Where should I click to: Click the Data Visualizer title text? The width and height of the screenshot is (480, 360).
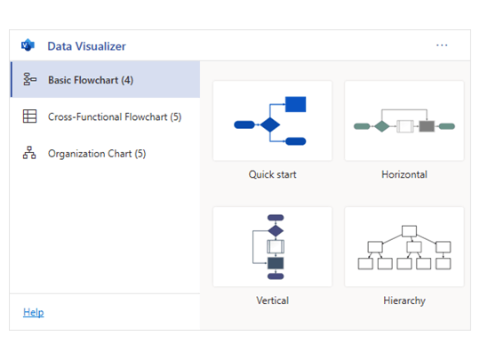[86, 46]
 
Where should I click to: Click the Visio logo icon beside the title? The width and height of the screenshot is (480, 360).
[28, 46]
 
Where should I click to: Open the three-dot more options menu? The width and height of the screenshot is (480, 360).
[442, 45]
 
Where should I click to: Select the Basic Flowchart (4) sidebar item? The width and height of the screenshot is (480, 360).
[91, 80]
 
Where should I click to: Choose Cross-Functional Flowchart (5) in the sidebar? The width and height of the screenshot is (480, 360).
[115, 116]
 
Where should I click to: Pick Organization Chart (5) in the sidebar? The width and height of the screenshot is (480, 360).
[97, 154]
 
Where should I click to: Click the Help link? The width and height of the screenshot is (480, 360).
[33, 312]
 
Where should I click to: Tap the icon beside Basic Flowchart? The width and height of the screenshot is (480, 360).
[29, 80]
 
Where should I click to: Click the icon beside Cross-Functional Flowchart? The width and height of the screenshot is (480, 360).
[29, 116]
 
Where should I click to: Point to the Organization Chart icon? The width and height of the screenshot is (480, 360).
[29, 154]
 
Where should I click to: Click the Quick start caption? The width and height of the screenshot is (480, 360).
[272, 174]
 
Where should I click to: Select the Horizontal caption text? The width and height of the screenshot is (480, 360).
[404, 174]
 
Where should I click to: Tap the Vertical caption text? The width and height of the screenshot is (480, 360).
[272, 300]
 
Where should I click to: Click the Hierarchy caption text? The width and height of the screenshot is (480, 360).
[404, 300]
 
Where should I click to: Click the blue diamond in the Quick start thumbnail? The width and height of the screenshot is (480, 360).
[269, 124]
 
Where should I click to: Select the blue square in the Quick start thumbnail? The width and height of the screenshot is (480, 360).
[296, 105]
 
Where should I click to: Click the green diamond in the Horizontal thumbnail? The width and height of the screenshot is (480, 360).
[381, 126]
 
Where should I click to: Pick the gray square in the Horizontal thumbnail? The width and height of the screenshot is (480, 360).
[427, 126]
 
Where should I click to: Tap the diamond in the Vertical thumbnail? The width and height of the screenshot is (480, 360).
[276, 231]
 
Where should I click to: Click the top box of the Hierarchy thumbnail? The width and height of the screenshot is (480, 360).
[409, 231]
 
